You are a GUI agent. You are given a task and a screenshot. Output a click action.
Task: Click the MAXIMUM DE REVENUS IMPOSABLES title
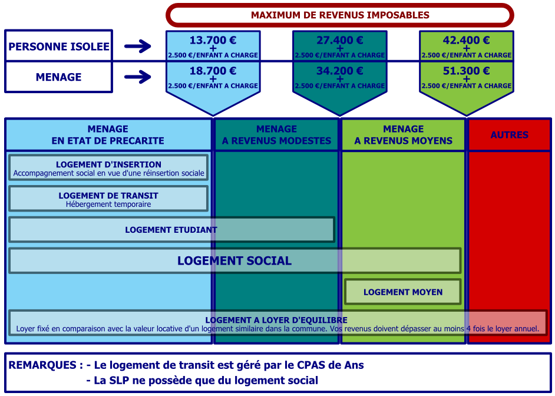pyautogui.click(x=340, y=15)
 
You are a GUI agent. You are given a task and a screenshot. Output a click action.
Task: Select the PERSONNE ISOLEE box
pyautogui.click(x=59, y=46)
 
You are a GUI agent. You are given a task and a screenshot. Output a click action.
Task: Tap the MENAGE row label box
pyautogui.click(x=59, y=77)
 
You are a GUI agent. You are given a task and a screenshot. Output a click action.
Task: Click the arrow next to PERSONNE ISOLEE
pyautogui.click(x=138, y=46)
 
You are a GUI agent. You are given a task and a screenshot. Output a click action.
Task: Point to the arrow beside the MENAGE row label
pyautogui.click(x=138, y=77)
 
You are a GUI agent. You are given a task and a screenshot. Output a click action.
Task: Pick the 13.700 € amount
pyautogui.click(x=213, y=40)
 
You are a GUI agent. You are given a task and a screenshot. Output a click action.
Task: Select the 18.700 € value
pyautogui.click(x=213, y=71)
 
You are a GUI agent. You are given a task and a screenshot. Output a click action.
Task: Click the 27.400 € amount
pyautogui.click(x=340, y=40)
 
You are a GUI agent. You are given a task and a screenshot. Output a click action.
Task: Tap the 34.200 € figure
pyautogui.click(x=340, y=71)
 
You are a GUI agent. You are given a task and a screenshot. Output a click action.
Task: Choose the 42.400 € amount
pyautogui.click(x=467, y=40)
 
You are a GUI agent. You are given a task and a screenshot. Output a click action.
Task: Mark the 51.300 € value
pyautogui.click(x=467, y=71)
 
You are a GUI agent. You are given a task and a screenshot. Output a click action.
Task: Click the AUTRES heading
pyautogui.click(x=510, y=135)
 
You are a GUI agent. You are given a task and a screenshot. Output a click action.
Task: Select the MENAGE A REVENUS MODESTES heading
pyautogui.click(x=277, y=135)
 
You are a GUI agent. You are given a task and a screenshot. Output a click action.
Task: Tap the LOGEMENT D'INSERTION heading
pyautogui.click(x=108, y=164)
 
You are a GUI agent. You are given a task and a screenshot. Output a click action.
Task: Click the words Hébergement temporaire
pyautogui.click(x=108, y=204)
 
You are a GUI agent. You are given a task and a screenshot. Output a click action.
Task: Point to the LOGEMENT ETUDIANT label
pyautogui.click(x=171, y=230)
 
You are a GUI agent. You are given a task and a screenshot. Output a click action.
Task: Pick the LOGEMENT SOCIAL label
pyautogui.click(x=234, y=261)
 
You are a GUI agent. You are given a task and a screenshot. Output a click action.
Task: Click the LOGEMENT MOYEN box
pyautogui.click(x=403, y=292)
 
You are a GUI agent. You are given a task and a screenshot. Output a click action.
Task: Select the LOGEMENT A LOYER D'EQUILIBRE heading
pyautogui.click(x=276, y=320)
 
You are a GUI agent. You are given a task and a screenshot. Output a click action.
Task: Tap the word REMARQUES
pyautogui.click(x=42, y=365)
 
